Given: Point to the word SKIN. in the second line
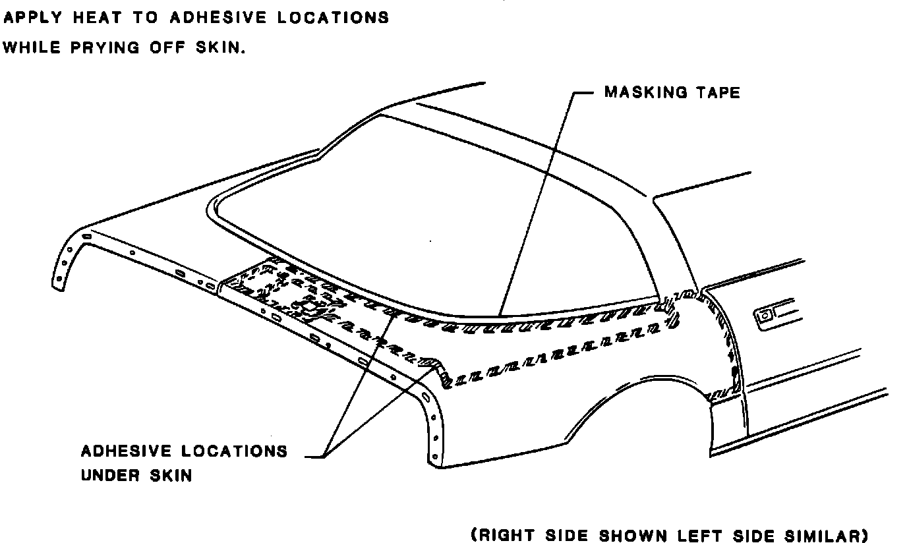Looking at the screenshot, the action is click(220, 49).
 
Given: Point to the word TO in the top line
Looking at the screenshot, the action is click(142, 18).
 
